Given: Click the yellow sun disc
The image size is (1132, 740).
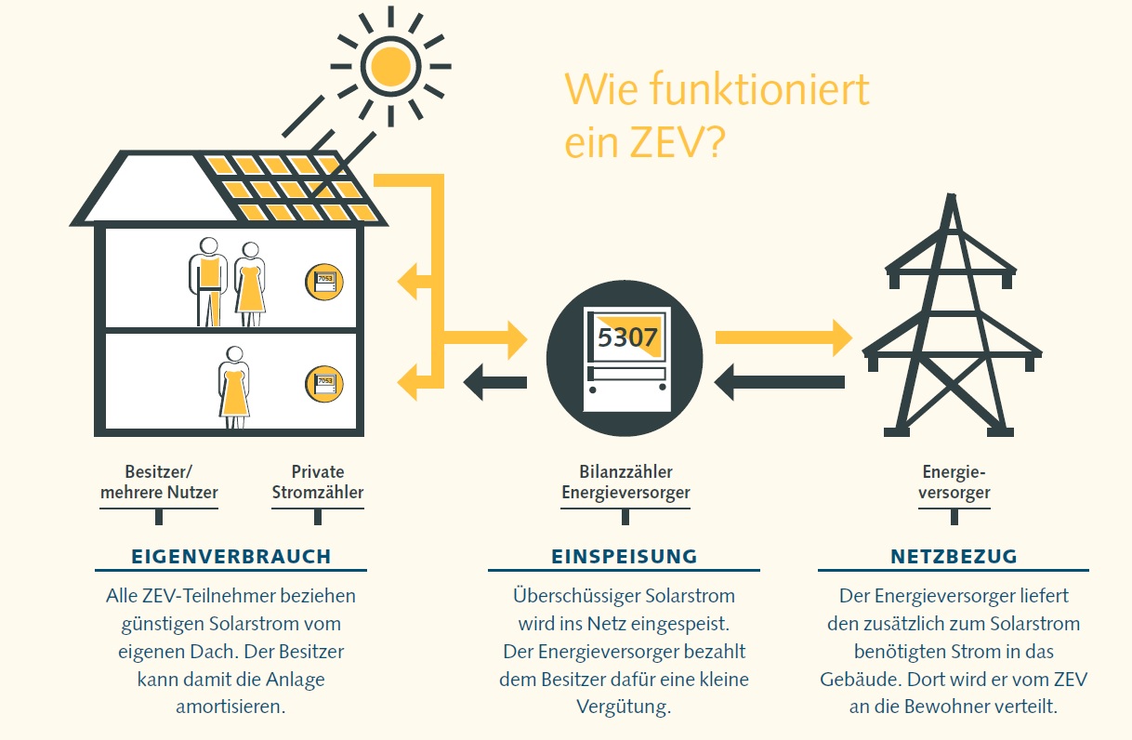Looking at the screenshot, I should (x=390, y=65).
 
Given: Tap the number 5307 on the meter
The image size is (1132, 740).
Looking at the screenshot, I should (x=627, y=337).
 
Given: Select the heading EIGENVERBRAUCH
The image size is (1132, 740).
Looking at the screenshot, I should (x=231, y=557).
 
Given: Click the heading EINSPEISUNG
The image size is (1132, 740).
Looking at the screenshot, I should (x=624, y=557).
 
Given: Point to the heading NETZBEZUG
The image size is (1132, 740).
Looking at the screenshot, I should (x=954, y=557).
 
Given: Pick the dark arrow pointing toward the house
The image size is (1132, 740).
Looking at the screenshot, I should (x=495, y=381).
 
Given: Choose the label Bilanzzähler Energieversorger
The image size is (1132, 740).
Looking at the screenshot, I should (x=625, y=482).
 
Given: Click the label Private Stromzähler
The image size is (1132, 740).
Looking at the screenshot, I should (x=318, y=482).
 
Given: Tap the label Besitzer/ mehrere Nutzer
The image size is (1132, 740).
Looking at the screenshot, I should (x=159, y=482).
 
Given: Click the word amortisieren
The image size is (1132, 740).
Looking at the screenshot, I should (x=230, y=707).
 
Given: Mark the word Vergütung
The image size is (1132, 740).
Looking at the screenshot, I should (x=624, y=707).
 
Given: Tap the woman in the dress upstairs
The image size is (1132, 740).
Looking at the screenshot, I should (x=250, y=284).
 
